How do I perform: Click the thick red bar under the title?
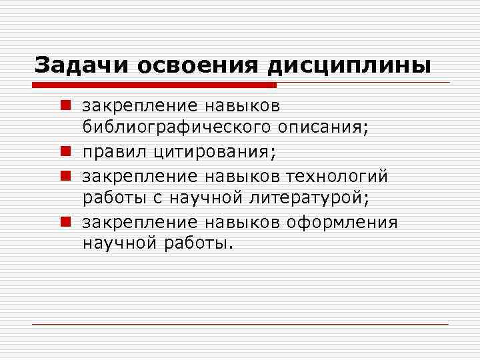(x=154, y=85)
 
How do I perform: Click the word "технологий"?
(x=337, y=175)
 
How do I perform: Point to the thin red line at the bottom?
(x=240, y=324)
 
